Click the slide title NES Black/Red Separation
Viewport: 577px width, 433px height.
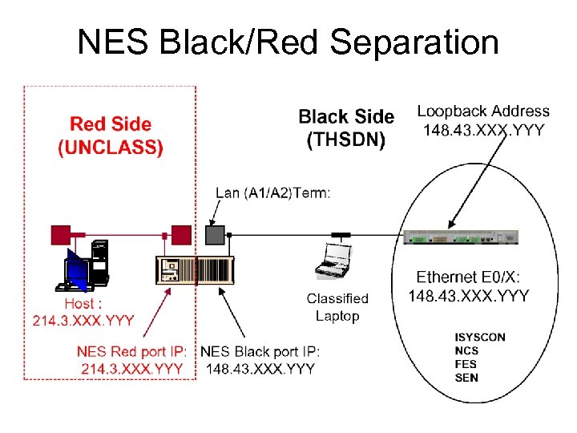[x=288, y=42]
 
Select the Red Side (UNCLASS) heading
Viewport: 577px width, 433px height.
[x=111, y=136]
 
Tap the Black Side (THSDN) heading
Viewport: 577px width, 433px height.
[x=346, y=128]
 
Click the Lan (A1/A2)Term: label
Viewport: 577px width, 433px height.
[x=272, y=192]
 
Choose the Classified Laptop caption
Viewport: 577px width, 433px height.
[x=337, y=307]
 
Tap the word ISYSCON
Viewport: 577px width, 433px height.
[x=479, y=337]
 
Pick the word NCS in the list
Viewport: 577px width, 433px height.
[x=466, y=350]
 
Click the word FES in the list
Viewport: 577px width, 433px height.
[x=466, y=364]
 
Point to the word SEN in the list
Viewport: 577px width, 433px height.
[x=466, y=377]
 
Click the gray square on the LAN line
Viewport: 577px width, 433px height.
[x=215, y=234]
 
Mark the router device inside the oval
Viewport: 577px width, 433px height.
[x=462, y=237]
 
